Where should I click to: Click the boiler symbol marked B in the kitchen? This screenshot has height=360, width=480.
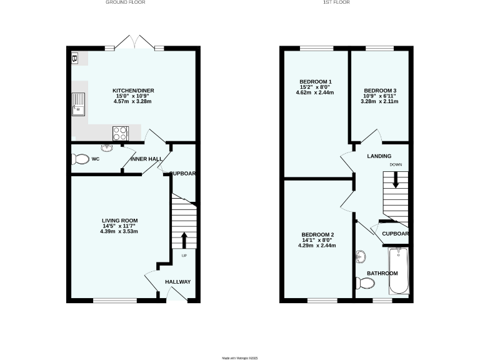tap(75, 59)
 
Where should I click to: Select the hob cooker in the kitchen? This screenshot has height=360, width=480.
tap(119, 132)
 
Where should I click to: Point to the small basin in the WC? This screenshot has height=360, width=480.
tap(106, 148)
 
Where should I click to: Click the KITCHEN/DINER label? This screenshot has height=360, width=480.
tap(133, 91)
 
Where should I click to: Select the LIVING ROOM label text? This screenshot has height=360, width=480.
tap(120, 221)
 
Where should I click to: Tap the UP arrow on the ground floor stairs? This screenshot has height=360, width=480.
tap(184, 240)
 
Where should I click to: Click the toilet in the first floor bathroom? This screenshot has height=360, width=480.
tap(365, 284)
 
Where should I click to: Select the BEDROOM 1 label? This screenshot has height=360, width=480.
tap(315, 82)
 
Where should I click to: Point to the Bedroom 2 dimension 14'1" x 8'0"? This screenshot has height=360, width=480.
tap(317, 240)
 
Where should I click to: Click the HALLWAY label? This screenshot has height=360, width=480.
tap(177, 282)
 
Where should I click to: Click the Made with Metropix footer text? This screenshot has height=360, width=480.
tap(240, 358)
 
